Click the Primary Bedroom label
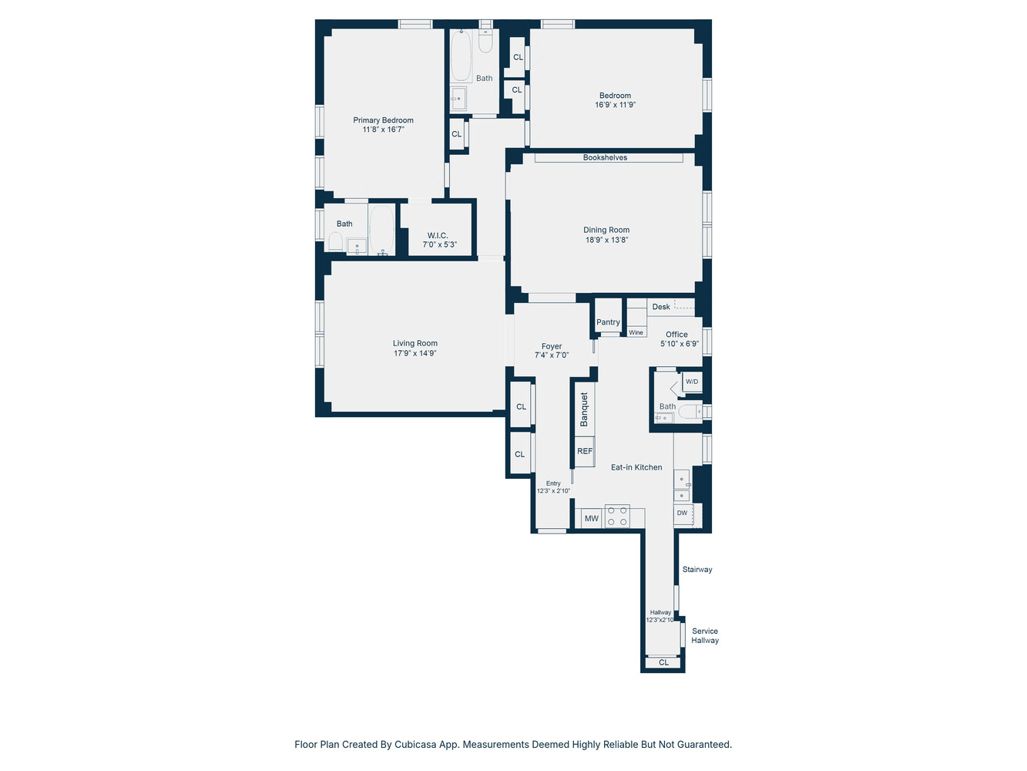[x=383, y=120]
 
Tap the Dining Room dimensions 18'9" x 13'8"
[x=606, y=240]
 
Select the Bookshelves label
[x=605, y=158]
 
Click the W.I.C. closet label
[x=438, y=236]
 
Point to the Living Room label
[x=414, y=344]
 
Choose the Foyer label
[x=552, y=347]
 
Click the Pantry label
[x=608, y=322]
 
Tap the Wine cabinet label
[x=636, y=333]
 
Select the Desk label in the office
[x=661, y=307]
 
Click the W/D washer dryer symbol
[x=692, y=382]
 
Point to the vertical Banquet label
[x=584, y=409]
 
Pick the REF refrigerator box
[x=585, y=452]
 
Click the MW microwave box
[x=591, y=519]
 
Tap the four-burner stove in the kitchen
[x=617, y=516]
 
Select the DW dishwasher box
[x=683, y=513]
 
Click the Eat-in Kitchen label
[x=636, y=467]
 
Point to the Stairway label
[x=697, y=570]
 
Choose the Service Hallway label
[x=705, y=636]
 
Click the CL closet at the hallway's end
[x=663, y=662]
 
